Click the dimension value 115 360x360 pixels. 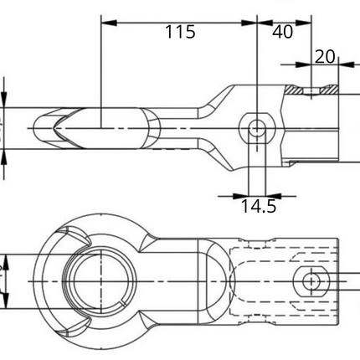point(179,33)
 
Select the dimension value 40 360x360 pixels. point(283,33)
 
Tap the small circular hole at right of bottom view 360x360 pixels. point(311,280)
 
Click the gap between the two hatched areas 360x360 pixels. point(311,90)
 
